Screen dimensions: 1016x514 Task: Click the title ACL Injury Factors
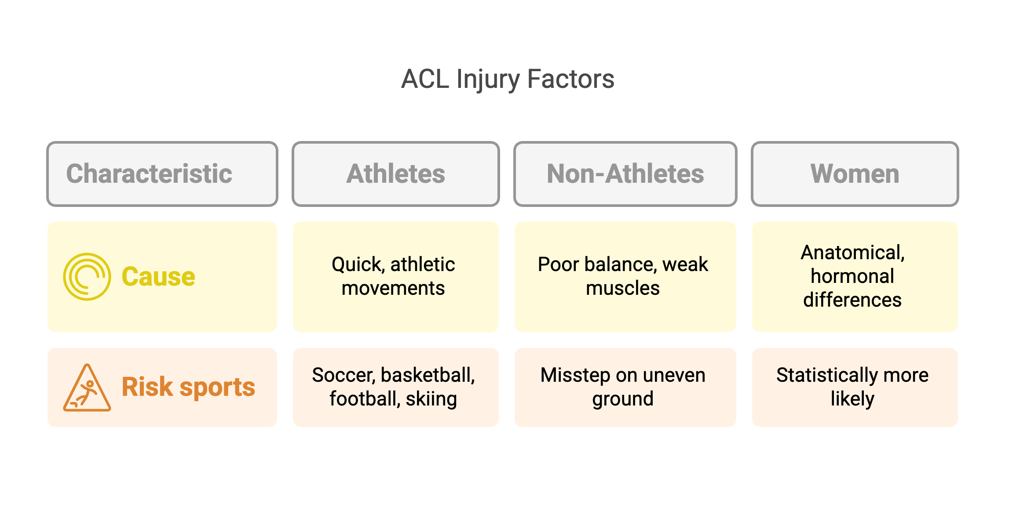pos(508,80)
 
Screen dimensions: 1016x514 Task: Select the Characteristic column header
pos(162,174)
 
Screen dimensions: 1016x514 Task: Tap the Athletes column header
pos(396,174)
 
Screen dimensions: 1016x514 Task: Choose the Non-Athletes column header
pos(625,174)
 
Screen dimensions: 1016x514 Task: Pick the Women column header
pos(855,174)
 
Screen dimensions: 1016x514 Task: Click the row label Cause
pos(158,277)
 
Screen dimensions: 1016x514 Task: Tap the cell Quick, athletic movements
pos(396,277)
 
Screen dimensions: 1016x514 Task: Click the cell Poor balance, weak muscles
pos(625,277)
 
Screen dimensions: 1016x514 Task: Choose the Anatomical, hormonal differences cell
pos(855,277)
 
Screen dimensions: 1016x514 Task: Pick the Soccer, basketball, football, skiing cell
pos(396,387)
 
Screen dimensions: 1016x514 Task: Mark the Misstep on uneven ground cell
pos(625,387)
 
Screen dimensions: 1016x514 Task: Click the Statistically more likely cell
pos(855,387)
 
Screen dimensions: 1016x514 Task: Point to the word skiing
pos(431,399)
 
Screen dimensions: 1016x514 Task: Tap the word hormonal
pos(852,276)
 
